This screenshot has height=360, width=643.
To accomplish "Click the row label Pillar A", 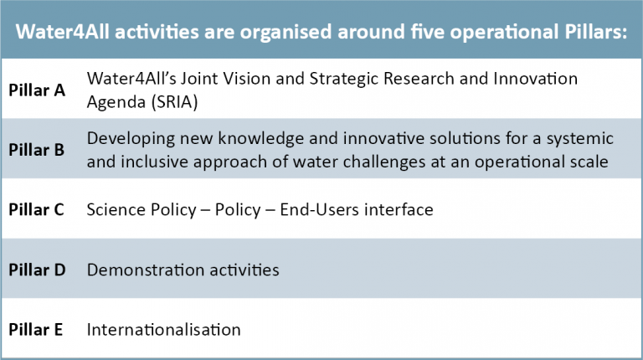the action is coord(37,90).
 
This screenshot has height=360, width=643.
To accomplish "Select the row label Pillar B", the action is coord(37,150).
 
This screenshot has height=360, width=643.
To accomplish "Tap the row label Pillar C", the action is coord(36,209).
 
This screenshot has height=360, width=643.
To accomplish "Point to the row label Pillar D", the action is coord(37,270).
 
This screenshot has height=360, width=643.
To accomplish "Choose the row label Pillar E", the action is coord(36,330).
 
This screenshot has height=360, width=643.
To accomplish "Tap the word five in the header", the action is coord(427,32).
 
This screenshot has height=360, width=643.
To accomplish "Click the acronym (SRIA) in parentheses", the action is coord(175,102).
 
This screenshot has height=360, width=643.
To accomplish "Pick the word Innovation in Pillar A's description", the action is coord(536,79).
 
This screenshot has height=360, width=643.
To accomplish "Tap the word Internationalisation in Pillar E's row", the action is coord(163,330).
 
